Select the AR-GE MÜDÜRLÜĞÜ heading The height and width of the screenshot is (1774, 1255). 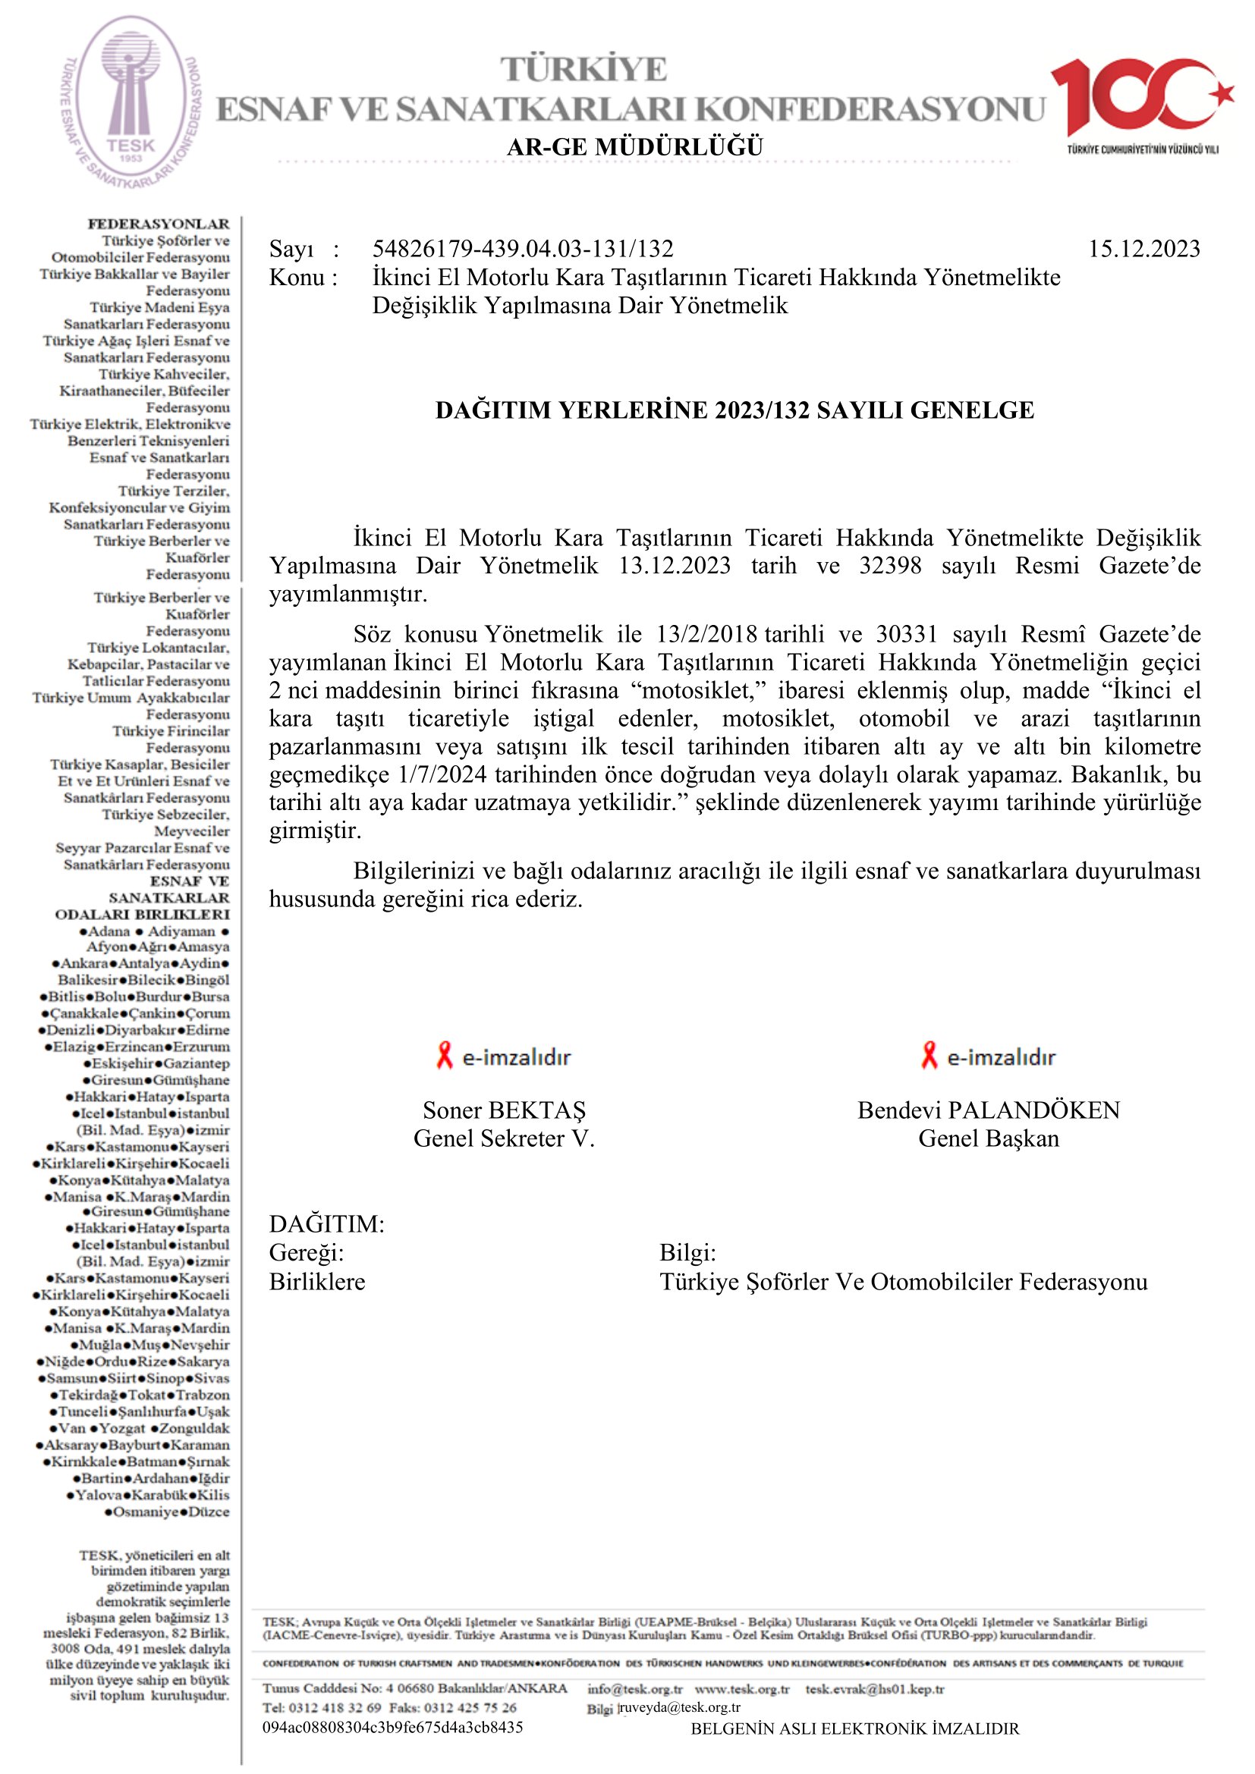[634, 147]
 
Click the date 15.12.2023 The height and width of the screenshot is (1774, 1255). [1143, 249]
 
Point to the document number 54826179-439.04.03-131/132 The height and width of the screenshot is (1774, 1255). [522, 249]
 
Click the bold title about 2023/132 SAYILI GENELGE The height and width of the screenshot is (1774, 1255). [734, 410]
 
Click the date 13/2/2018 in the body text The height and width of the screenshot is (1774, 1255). [706, 634]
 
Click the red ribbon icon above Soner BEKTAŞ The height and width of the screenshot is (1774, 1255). [445, 1056]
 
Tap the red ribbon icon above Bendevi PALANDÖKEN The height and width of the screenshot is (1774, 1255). [929, 1056]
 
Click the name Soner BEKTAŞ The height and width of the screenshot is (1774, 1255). [504, 1110]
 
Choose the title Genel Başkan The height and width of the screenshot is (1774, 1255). [989, 1139]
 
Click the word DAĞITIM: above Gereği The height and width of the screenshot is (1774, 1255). [327, 1225]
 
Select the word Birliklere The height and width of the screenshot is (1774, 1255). [317, 1282]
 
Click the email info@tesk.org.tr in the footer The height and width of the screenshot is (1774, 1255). [634, 1690]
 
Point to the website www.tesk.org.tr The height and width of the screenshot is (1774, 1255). [742, 1690]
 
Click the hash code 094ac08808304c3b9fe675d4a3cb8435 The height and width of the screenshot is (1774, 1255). [392, 1728]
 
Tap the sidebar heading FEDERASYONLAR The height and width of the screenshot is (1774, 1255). [159, 224]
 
